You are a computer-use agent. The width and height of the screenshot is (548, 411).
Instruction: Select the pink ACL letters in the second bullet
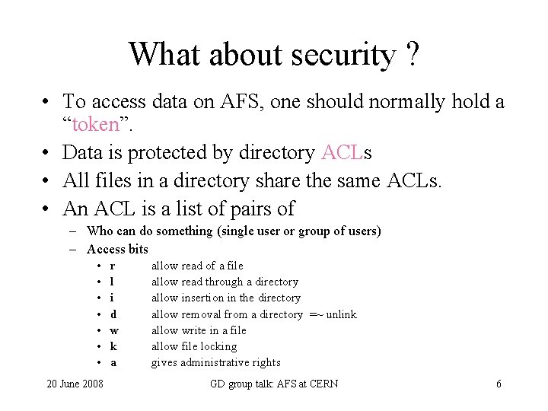tap(342, 153)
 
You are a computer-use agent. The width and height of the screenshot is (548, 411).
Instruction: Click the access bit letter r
tap(113, 266)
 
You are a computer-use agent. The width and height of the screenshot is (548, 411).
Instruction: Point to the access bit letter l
tap(112, 282)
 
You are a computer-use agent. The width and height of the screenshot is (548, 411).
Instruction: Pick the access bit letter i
tap(112, 298)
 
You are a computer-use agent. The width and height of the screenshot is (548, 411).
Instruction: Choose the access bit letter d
tap(113, 314)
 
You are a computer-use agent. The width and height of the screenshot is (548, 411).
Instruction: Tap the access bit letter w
tap(114, 330)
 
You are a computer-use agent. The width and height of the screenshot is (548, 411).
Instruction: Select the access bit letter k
tap(113, 346)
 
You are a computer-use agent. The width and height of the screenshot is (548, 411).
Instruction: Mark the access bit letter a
tap(113, 363)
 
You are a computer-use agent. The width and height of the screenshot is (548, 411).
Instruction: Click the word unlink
tap(342, 314)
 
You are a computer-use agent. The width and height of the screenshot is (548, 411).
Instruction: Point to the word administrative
tap(217, 363)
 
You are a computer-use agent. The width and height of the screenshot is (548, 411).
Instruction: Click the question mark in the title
tap(412, 55)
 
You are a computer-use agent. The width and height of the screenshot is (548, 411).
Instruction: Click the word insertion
tap(202, 298)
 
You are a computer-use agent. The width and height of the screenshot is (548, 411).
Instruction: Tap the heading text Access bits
tap(117, 249)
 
